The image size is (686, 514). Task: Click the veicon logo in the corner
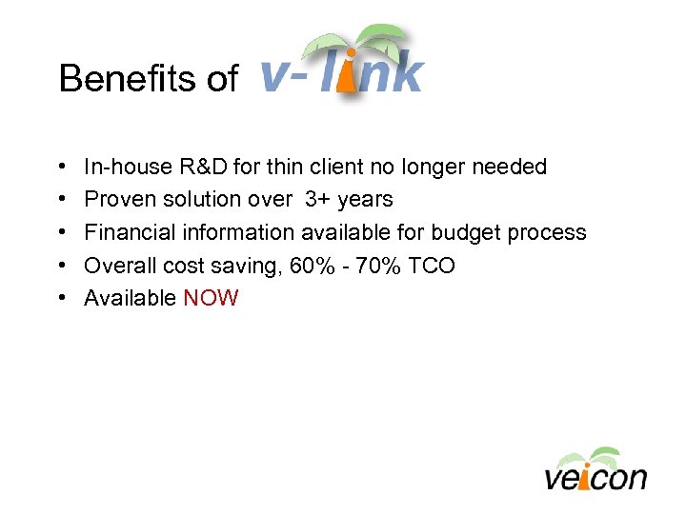coord(595,469)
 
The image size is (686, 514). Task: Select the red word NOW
coord(211,299)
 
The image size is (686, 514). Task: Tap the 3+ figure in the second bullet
coord(318,200)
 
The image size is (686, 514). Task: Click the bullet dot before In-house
coord(62,168)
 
